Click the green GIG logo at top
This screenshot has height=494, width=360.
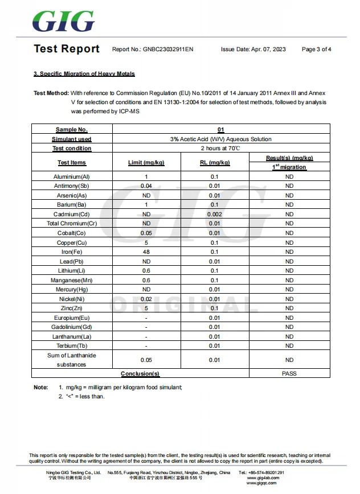63,21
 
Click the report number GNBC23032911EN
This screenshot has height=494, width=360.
168,50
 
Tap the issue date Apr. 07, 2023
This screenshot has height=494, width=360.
253,50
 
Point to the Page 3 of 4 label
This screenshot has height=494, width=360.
316,50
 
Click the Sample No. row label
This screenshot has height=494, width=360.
72,130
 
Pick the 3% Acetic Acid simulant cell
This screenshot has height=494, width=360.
220,139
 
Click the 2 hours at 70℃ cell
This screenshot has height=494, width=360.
220,148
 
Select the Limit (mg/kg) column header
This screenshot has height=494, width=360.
146,162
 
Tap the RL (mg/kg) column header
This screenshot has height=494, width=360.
215,162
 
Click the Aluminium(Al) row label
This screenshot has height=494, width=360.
72,176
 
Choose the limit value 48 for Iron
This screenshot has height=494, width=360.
146,252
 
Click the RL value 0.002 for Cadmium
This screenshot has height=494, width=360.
215,214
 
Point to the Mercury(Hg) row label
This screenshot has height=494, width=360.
72,290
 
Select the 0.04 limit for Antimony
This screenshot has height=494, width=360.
146,186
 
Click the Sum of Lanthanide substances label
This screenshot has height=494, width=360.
72,360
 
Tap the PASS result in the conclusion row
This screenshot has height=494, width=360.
289,373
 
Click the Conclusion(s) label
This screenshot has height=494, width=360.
140,373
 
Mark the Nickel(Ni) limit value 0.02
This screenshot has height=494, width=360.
146,299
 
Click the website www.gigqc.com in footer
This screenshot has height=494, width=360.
261,483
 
